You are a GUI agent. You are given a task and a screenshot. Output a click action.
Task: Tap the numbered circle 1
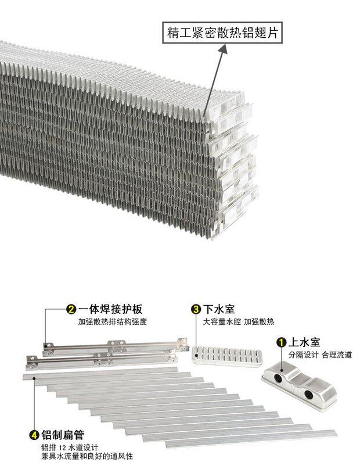click(281, 342)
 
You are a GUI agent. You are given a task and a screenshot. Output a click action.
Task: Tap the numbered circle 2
click(71, 309)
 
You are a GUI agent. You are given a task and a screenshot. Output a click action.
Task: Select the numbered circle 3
click(196, 309)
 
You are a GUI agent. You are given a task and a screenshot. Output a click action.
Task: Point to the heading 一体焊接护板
click(110, 309)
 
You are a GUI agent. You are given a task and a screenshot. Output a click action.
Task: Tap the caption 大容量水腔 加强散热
click(239, 321)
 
